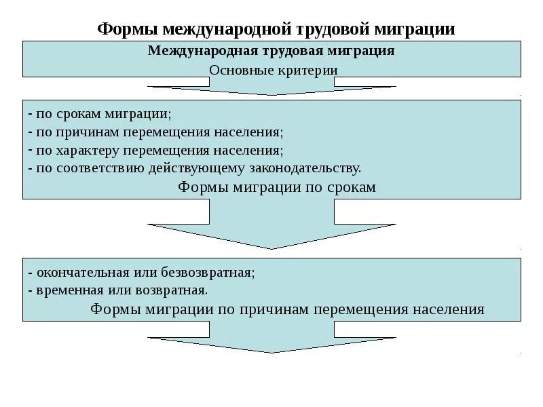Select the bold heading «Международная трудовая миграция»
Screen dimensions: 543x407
point(271,51)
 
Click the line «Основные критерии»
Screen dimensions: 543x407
point(273,70)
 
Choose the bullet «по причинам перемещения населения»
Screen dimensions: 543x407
point(155,132)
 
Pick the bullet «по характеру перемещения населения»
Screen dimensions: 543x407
point(156,150)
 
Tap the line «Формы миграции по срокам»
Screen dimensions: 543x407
point(276,187)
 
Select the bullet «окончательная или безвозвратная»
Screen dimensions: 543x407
point(142,273)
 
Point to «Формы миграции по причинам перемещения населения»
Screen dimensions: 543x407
point(287,309)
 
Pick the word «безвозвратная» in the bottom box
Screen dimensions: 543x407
point(218,273)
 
